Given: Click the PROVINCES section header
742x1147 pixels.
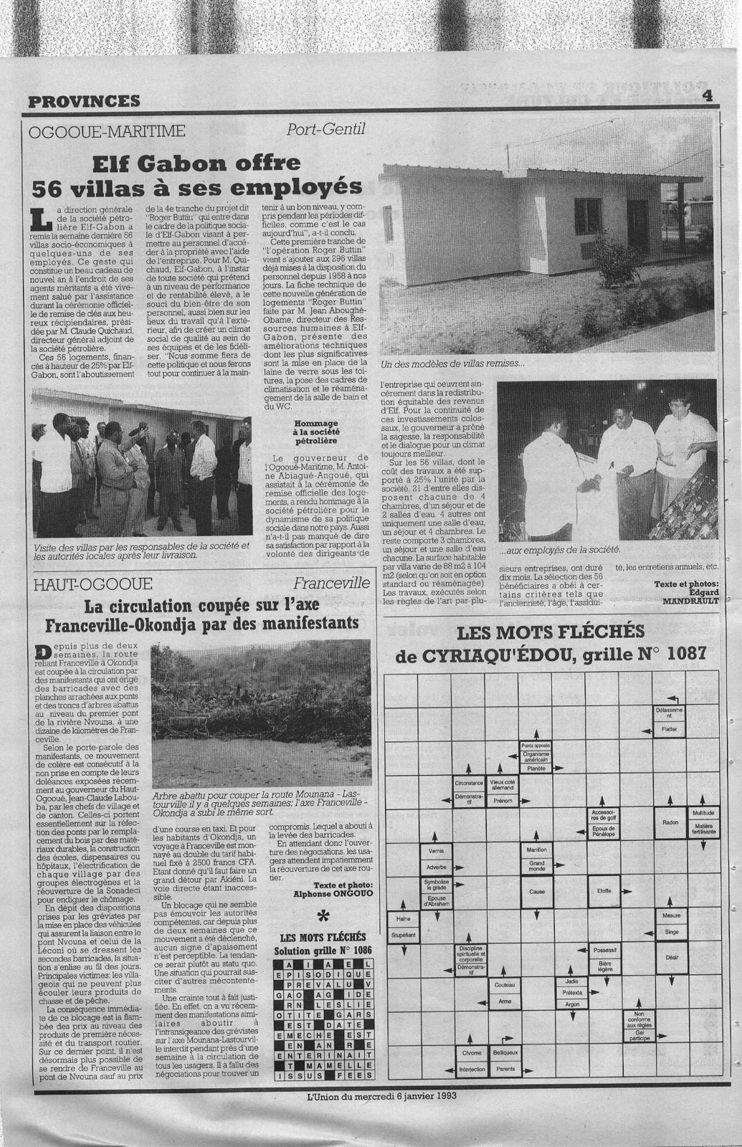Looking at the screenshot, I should [85, 101].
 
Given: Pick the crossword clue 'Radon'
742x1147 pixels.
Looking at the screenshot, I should [671, 822].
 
